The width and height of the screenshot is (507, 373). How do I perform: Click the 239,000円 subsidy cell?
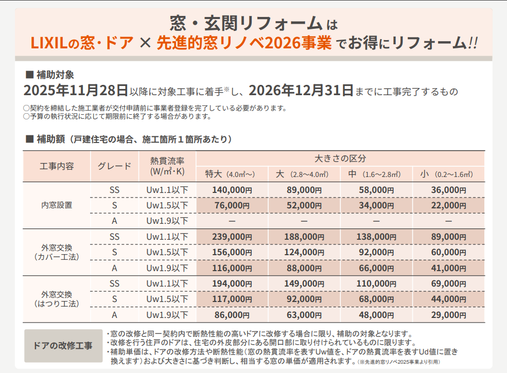click(232, 237)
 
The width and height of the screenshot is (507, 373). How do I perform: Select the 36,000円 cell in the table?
click(448, 190)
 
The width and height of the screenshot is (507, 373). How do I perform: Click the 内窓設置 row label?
click(57, 205)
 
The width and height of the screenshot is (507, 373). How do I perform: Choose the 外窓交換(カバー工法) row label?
click(57, 252)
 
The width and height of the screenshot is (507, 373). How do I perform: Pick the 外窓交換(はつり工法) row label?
click(57, 299)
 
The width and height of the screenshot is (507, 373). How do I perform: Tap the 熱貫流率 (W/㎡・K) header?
click(168, 166)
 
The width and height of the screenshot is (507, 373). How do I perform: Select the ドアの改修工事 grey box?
click(63, 345)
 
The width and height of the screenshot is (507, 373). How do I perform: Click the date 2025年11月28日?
click(76, 91)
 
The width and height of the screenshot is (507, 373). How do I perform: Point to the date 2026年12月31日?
click(301, 91)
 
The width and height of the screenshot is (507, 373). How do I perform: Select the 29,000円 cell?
click(448, 315)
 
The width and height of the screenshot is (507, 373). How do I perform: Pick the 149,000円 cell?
click(304, 283)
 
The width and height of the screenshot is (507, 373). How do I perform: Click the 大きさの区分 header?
click(340, 158)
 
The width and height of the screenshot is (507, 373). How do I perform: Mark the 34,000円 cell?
click(376, 205)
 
